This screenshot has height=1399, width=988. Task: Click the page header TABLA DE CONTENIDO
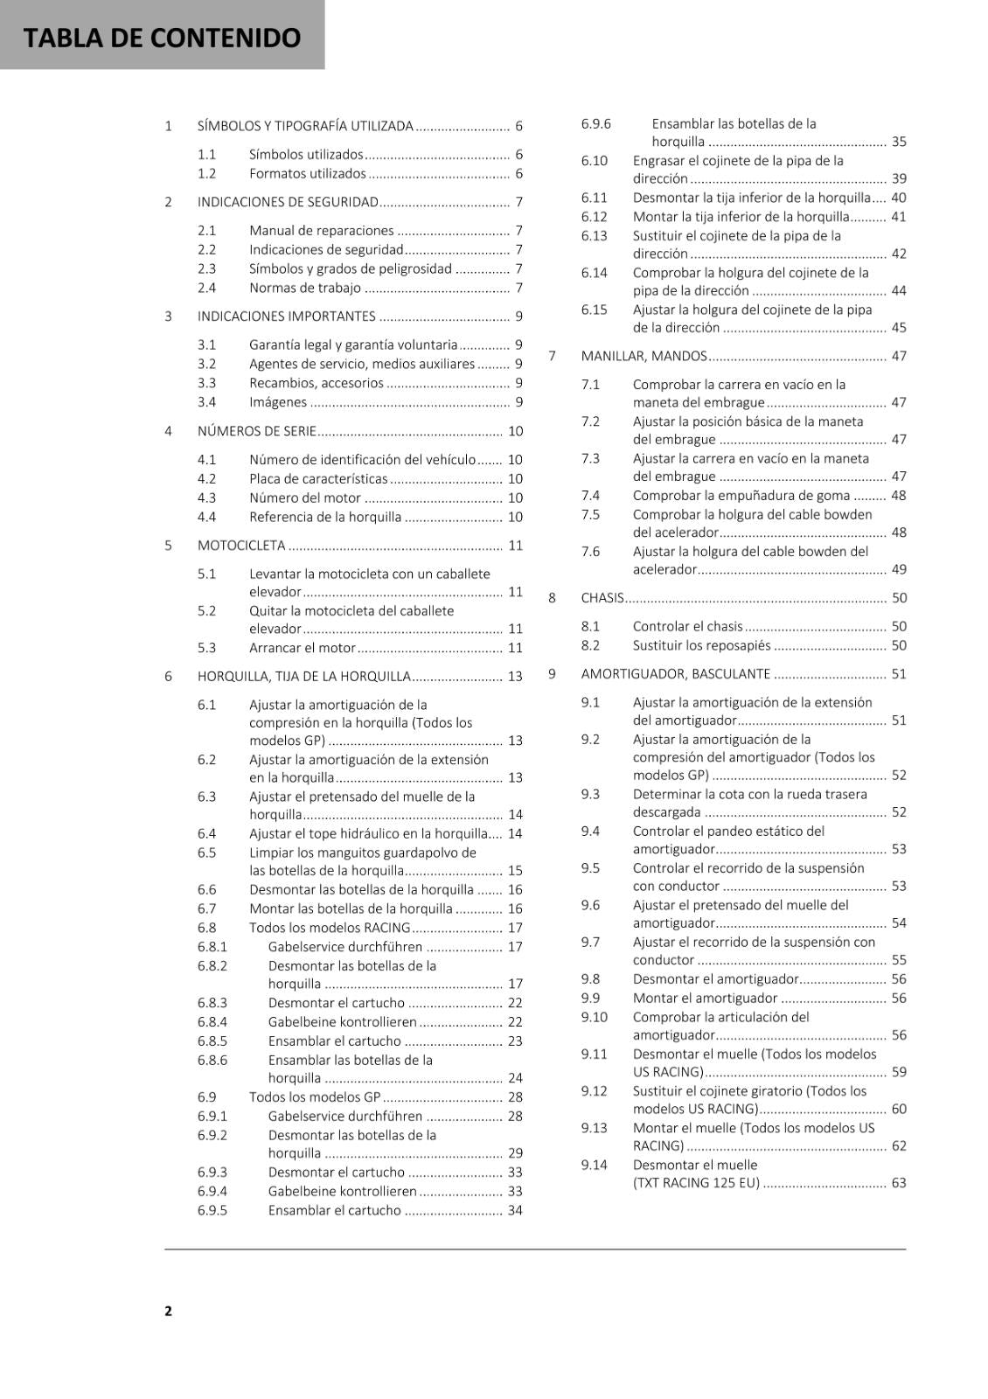click(x=162, y=38)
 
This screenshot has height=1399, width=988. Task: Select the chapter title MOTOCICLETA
click(x=241, y=546)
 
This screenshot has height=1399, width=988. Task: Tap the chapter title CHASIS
click(x=602, y=598)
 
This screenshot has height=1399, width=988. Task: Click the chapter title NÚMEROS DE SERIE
click(x=256, y=431)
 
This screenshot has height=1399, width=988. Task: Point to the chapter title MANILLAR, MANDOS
click(x=644, y=356)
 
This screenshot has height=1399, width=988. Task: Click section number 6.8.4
click(x=212, y=1022)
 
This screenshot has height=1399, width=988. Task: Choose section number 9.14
click(x=594, y=1165)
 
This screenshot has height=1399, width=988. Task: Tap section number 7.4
click(x=590, y=496)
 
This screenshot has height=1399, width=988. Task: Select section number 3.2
click(x=206, y=364)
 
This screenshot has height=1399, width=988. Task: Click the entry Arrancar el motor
click(x=302, y=648)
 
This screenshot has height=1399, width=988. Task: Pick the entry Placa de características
click(x=318, y=479)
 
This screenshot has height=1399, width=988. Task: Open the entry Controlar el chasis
click(x=687, y=626)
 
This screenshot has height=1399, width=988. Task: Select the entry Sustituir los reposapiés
click(x=701, y=645)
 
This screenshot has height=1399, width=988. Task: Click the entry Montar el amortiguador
click(x=705, y=999)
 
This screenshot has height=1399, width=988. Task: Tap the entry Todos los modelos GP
click(x=315, y=1097)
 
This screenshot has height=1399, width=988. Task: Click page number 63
click(x=899, y=1183)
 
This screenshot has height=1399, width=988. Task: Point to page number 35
click(x=899, y=142)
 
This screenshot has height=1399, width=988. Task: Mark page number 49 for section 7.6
click(x=899, y=569)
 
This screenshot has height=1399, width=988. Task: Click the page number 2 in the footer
click(x=168, y=1311)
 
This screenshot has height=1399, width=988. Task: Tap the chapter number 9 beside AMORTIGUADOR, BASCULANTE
click(x=552, y=674)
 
